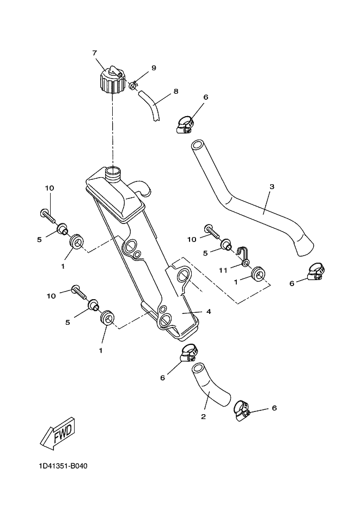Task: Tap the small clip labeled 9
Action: click(x=133, y=86)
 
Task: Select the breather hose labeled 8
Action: click(x=150, y=106)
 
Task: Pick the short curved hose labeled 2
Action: click(x=210, y=386)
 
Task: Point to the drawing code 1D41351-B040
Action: click(x=63, y=466)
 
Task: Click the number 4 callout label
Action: click(x=209, y=312)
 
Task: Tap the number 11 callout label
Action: click(x=223, y=270)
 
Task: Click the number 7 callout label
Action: click(x=95, y=53)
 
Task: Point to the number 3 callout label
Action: click(x=272, y=186)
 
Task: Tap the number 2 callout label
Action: click(x=203, y=416)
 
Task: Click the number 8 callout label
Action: click(x=176, y=91)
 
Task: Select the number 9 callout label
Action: click(x=154, y=68)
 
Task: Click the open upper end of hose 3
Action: click(x=197, y=145)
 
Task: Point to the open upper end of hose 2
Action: click(x=198, y=368)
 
